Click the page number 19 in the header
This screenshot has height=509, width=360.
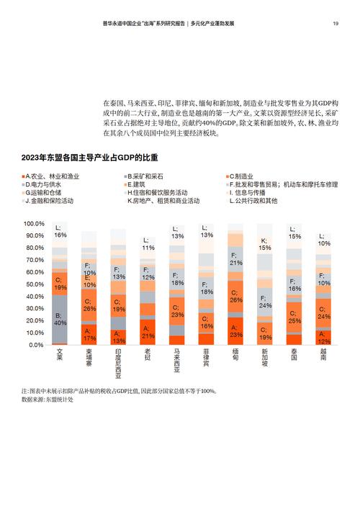point(336,23)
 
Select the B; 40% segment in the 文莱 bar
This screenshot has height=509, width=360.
point(60,317)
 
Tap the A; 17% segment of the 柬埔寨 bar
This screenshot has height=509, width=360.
point(89,333)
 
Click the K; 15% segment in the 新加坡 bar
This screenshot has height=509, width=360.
point(264,243)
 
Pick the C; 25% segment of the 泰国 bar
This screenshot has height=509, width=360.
point(294,317)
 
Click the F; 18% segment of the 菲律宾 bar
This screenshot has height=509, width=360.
point(206,288)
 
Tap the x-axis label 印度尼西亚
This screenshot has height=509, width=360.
point(118,366)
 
